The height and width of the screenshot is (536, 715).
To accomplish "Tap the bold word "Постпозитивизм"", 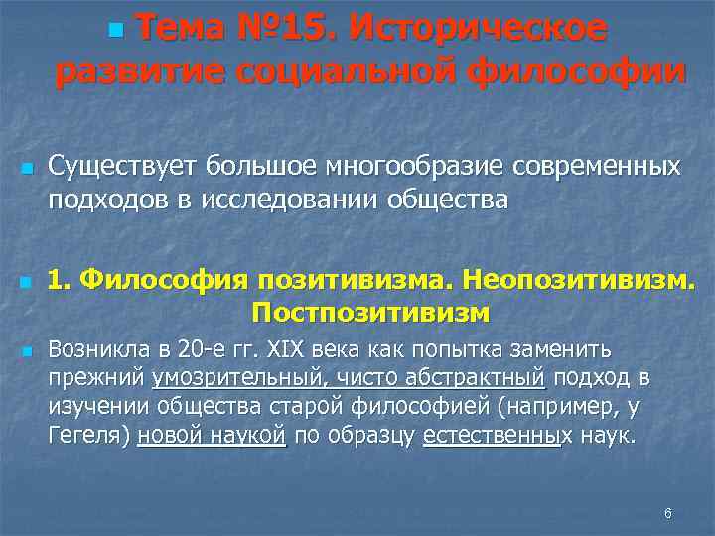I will [x=370, y=313].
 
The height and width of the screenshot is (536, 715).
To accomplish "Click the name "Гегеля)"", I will [x=89, y=436].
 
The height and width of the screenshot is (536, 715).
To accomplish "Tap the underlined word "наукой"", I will [x=247, y=436].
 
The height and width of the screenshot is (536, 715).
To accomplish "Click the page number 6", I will [x=667, y=513].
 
